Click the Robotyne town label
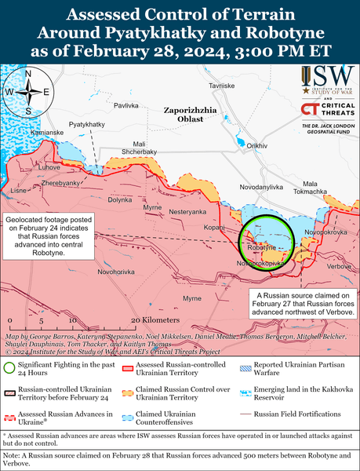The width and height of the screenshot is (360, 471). point(260,247)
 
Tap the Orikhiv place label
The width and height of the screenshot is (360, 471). point(257,146)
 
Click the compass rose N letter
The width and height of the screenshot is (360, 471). point(28,74)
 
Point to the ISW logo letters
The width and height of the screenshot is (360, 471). point(328,77)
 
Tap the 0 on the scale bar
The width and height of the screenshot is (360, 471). point(9,321)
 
